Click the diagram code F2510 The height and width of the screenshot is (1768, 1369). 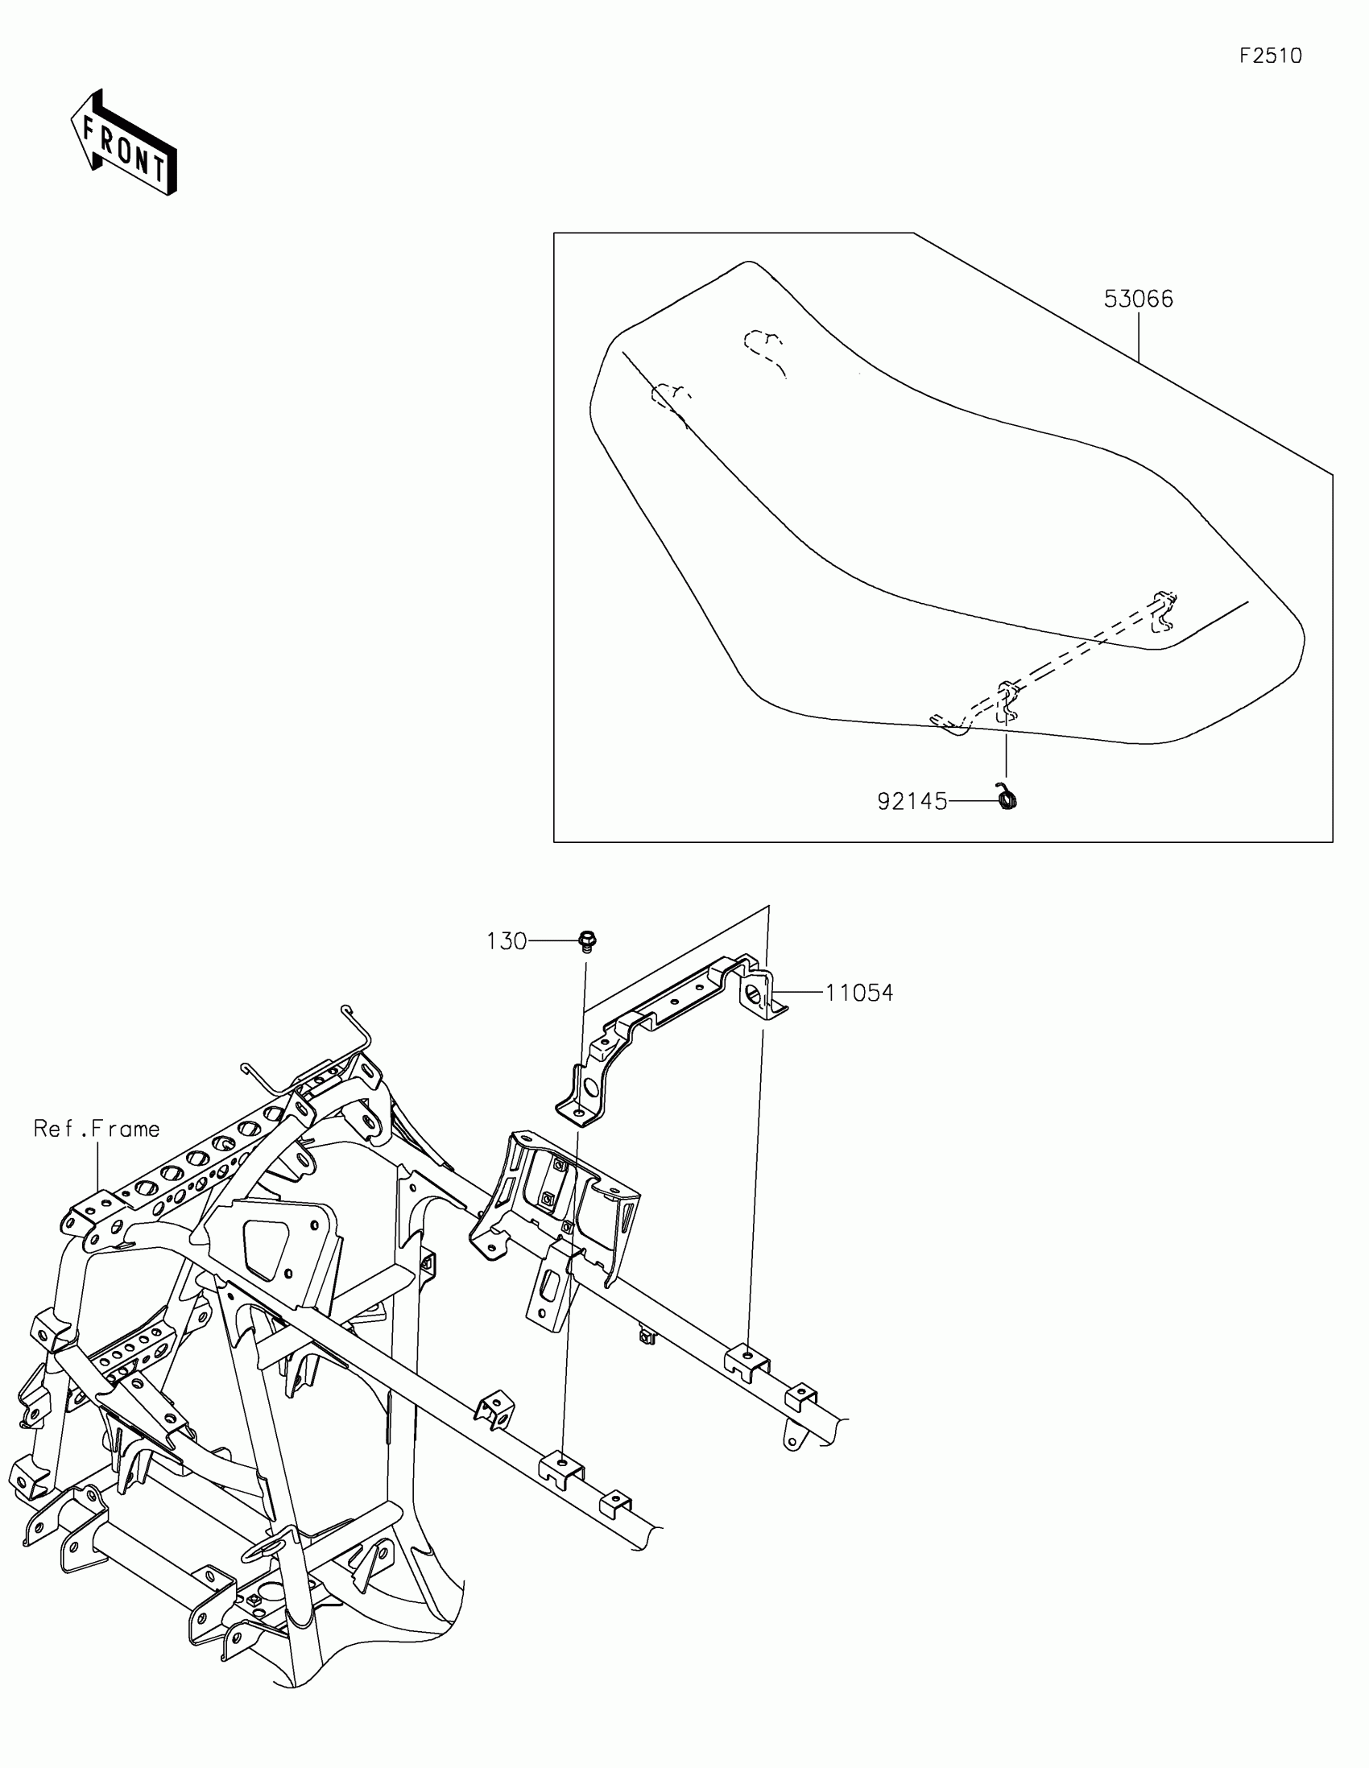tap(1270, 56)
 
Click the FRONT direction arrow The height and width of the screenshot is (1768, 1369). tap(124, 143)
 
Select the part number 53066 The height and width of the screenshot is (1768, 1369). tap(1138, 299)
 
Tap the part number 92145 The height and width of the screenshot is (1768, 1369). tap(912, 801)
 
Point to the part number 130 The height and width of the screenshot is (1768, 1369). tap(507, 941)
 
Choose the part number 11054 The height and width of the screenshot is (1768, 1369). tap(859, 993)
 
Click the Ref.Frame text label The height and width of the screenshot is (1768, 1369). tap(97, 1129)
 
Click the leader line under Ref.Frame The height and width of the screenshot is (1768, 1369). tap(98, 1166)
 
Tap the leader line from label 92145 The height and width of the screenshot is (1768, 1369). tap(971, 801)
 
